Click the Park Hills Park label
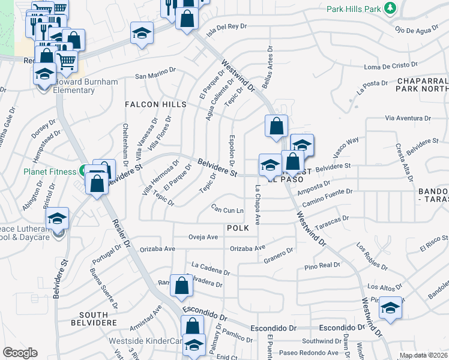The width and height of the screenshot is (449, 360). click(355, 9)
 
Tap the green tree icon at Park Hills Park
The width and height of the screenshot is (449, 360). click(390, 8)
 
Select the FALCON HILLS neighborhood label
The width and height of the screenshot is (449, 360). click(155, 104)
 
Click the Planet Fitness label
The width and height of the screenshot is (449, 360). click(50, 171)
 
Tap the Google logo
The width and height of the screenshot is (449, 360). click(20, 353)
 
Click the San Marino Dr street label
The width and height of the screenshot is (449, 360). click(155, 76)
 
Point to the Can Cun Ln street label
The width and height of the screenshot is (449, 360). click(228, 209)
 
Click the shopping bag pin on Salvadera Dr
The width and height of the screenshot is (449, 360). click(181, 286)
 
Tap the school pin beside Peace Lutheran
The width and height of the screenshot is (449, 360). click(57, 219)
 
